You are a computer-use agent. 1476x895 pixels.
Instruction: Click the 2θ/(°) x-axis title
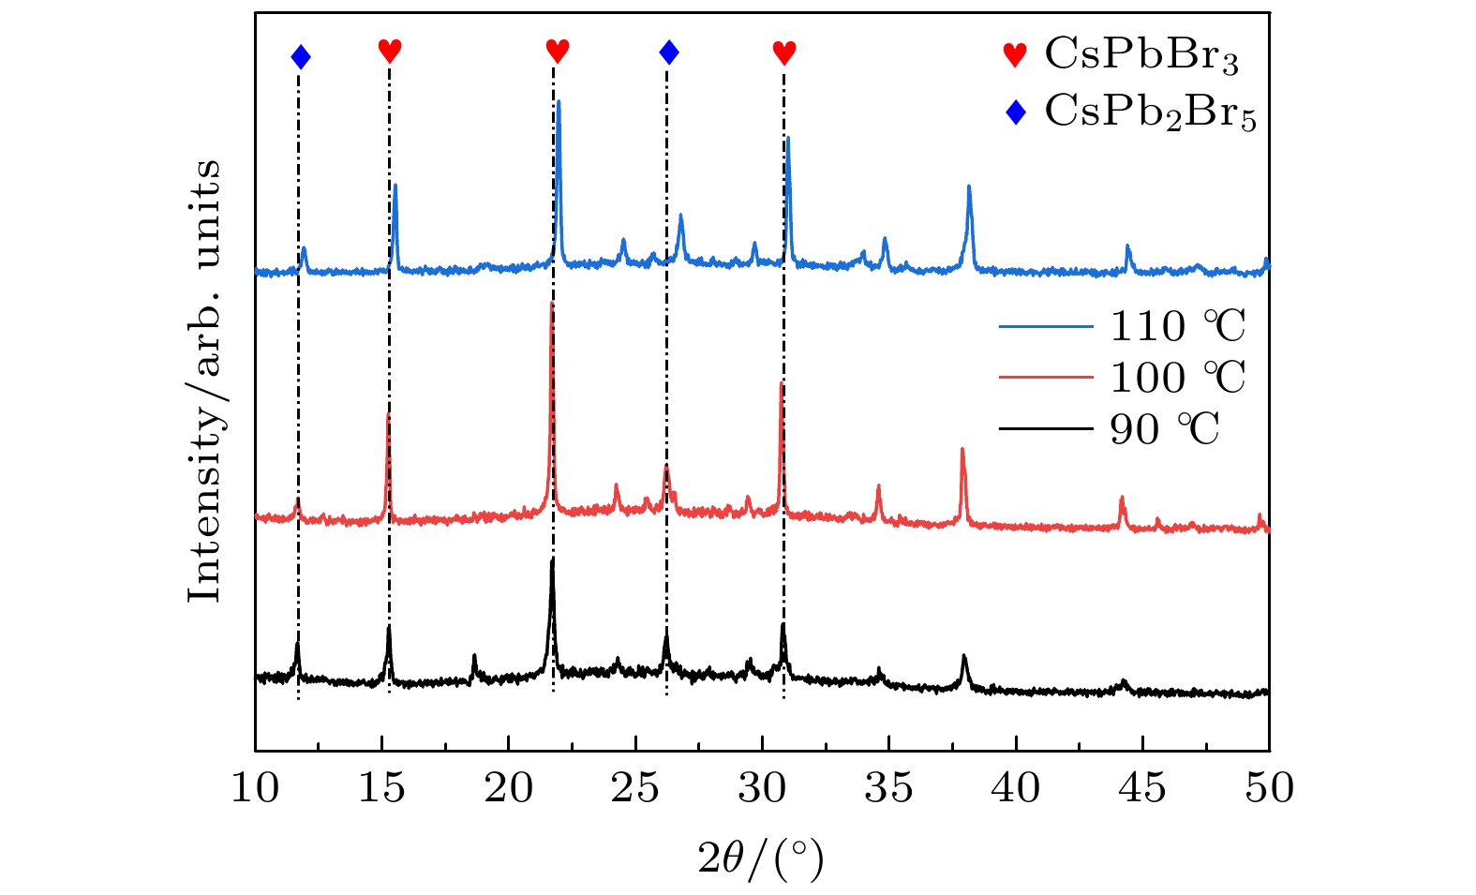point(761,857)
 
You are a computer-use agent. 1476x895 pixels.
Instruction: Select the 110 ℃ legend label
point(1178,326)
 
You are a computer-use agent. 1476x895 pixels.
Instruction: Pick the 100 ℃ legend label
point(1178,378)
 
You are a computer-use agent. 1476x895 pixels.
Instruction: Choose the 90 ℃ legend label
point(1165,429)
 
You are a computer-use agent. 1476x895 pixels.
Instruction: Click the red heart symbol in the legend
point(1015,55)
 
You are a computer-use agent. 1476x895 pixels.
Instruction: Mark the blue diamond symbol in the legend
point(1015,113)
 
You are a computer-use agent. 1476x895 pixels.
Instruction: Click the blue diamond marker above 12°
point(301,57)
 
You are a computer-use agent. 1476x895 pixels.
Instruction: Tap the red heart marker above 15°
point(390,51)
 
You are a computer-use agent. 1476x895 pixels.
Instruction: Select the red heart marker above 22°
point(558,51)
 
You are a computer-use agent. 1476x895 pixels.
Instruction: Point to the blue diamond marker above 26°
point(669,52)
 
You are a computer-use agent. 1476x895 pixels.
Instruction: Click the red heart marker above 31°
point(784,52)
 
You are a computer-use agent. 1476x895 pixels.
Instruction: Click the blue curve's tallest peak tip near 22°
point(559,101)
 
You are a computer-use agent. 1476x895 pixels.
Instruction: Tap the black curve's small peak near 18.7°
point(474,656)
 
